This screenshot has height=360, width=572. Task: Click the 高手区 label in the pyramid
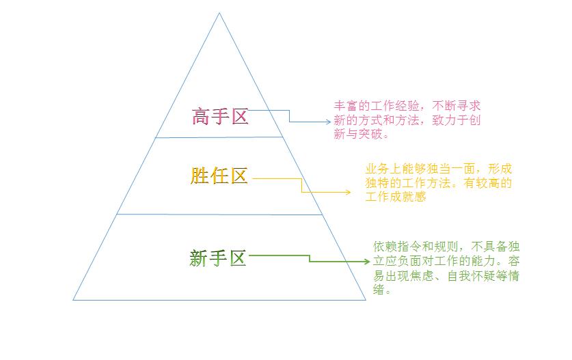(220, 117)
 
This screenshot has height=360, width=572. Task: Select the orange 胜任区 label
(219, 176)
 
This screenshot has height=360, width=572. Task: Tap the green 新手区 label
(218, 258)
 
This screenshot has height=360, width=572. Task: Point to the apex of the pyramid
(219, 13)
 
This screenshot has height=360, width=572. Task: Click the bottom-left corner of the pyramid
(73, 300)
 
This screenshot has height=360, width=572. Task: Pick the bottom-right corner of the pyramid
(366, 300)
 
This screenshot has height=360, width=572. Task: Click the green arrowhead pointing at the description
(367, 261)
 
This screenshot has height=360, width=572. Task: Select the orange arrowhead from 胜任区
(348, 192)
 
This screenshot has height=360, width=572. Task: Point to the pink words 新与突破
(358, 134)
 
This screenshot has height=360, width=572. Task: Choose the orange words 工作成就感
(396, 197)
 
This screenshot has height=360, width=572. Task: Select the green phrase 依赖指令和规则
(416, 247)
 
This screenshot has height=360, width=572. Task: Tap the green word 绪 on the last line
(379, 290)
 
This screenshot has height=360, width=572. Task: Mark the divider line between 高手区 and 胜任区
(219, 137)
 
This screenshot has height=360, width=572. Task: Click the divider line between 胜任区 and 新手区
(220, 214)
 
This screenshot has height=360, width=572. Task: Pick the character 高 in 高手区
(201, 117)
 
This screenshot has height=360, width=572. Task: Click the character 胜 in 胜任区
(199, 176)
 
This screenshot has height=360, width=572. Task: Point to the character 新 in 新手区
(198, 258)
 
